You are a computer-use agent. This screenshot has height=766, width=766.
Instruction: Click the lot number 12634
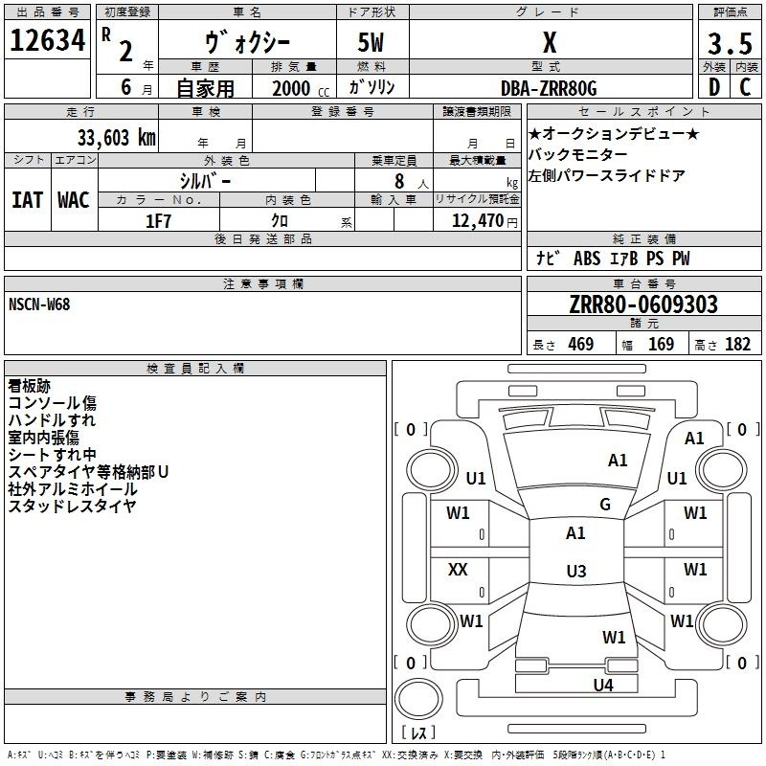click(47, 40)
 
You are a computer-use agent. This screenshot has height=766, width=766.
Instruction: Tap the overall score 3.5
click(730, 44)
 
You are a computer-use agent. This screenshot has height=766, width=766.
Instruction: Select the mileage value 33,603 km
click(117, 138)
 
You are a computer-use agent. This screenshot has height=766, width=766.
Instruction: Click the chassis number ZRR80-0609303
click(643, 304)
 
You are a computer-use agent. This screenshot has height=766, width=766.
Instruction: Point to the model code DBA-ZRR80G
click(549, 88)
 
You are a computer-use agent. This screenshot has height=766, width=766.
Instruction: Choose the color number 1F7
click(158, 221)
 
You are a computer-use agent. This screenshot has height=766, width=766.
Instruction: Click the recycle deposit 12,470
click(477, 221)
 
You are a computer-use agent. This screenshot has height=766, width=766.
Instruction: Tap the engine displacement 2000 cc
click(301, 88)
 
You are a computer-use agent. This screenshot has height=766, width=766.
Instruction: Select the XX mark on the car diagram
click(458, 569)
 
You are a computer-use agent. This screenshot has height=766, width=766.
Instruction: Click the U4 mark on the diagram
click(603, 685)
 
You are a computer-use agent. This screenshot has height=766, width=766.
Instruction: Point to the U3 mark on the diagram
click(576, 571)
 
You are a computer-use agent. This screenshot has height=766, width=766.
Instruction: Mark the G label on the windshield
click(605, 505)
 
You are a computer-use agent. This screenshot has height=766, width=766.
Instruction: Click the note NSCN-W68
click(39, 304)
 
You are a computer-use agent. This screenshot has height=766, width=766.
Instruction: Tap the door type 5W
click(371, 42)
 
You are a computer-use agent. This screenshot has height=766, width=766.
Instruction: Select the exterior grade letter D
click(714, 87)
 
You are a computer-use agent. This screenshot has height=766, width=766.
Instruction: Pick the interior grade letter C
click(745, 87)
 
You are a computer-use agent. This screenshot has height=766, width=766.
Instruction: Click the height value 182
click(737, 344)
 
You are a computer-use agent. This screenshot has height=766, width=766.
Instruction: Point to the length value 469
click(581, 344)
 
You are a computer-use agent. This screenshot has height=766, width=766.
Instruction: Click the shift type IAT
click(28, 200)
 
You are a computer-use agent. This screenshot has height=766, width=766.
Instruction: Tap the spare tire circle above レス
click(418, 699)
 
